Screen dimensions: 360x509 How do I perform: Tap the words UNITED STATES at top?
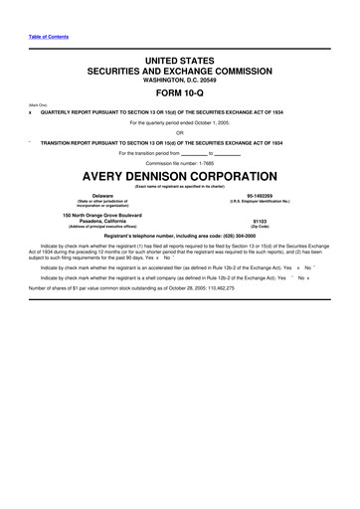coord(179,61)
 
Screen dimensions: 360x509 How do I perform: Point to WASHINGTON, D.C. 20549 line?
coord(179,82)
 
